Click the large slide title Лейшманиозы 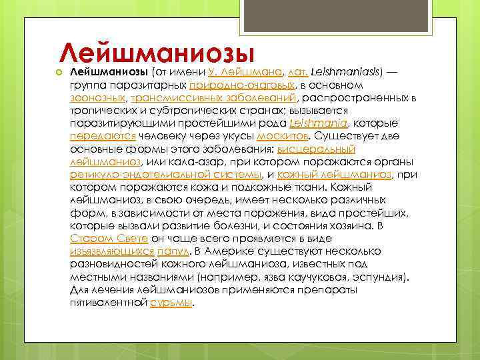point(157,51)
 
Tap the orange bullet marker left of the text point(59,72)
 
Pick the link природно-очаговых point(242,86)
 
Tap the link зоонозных point(95,99)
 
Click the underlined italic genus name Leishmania point(320,123)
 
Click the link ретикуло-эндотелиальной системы point(165,174)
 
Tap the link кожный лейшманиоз point(334,174)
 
